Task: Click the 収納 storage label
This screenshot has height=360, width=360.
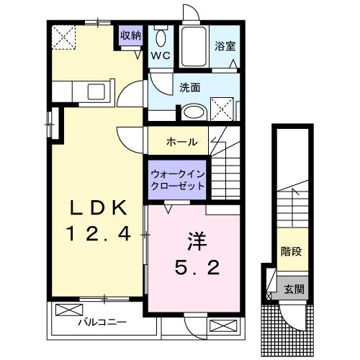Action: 130,35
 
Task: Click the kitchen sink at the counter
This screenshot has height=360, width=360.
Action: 96,91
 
